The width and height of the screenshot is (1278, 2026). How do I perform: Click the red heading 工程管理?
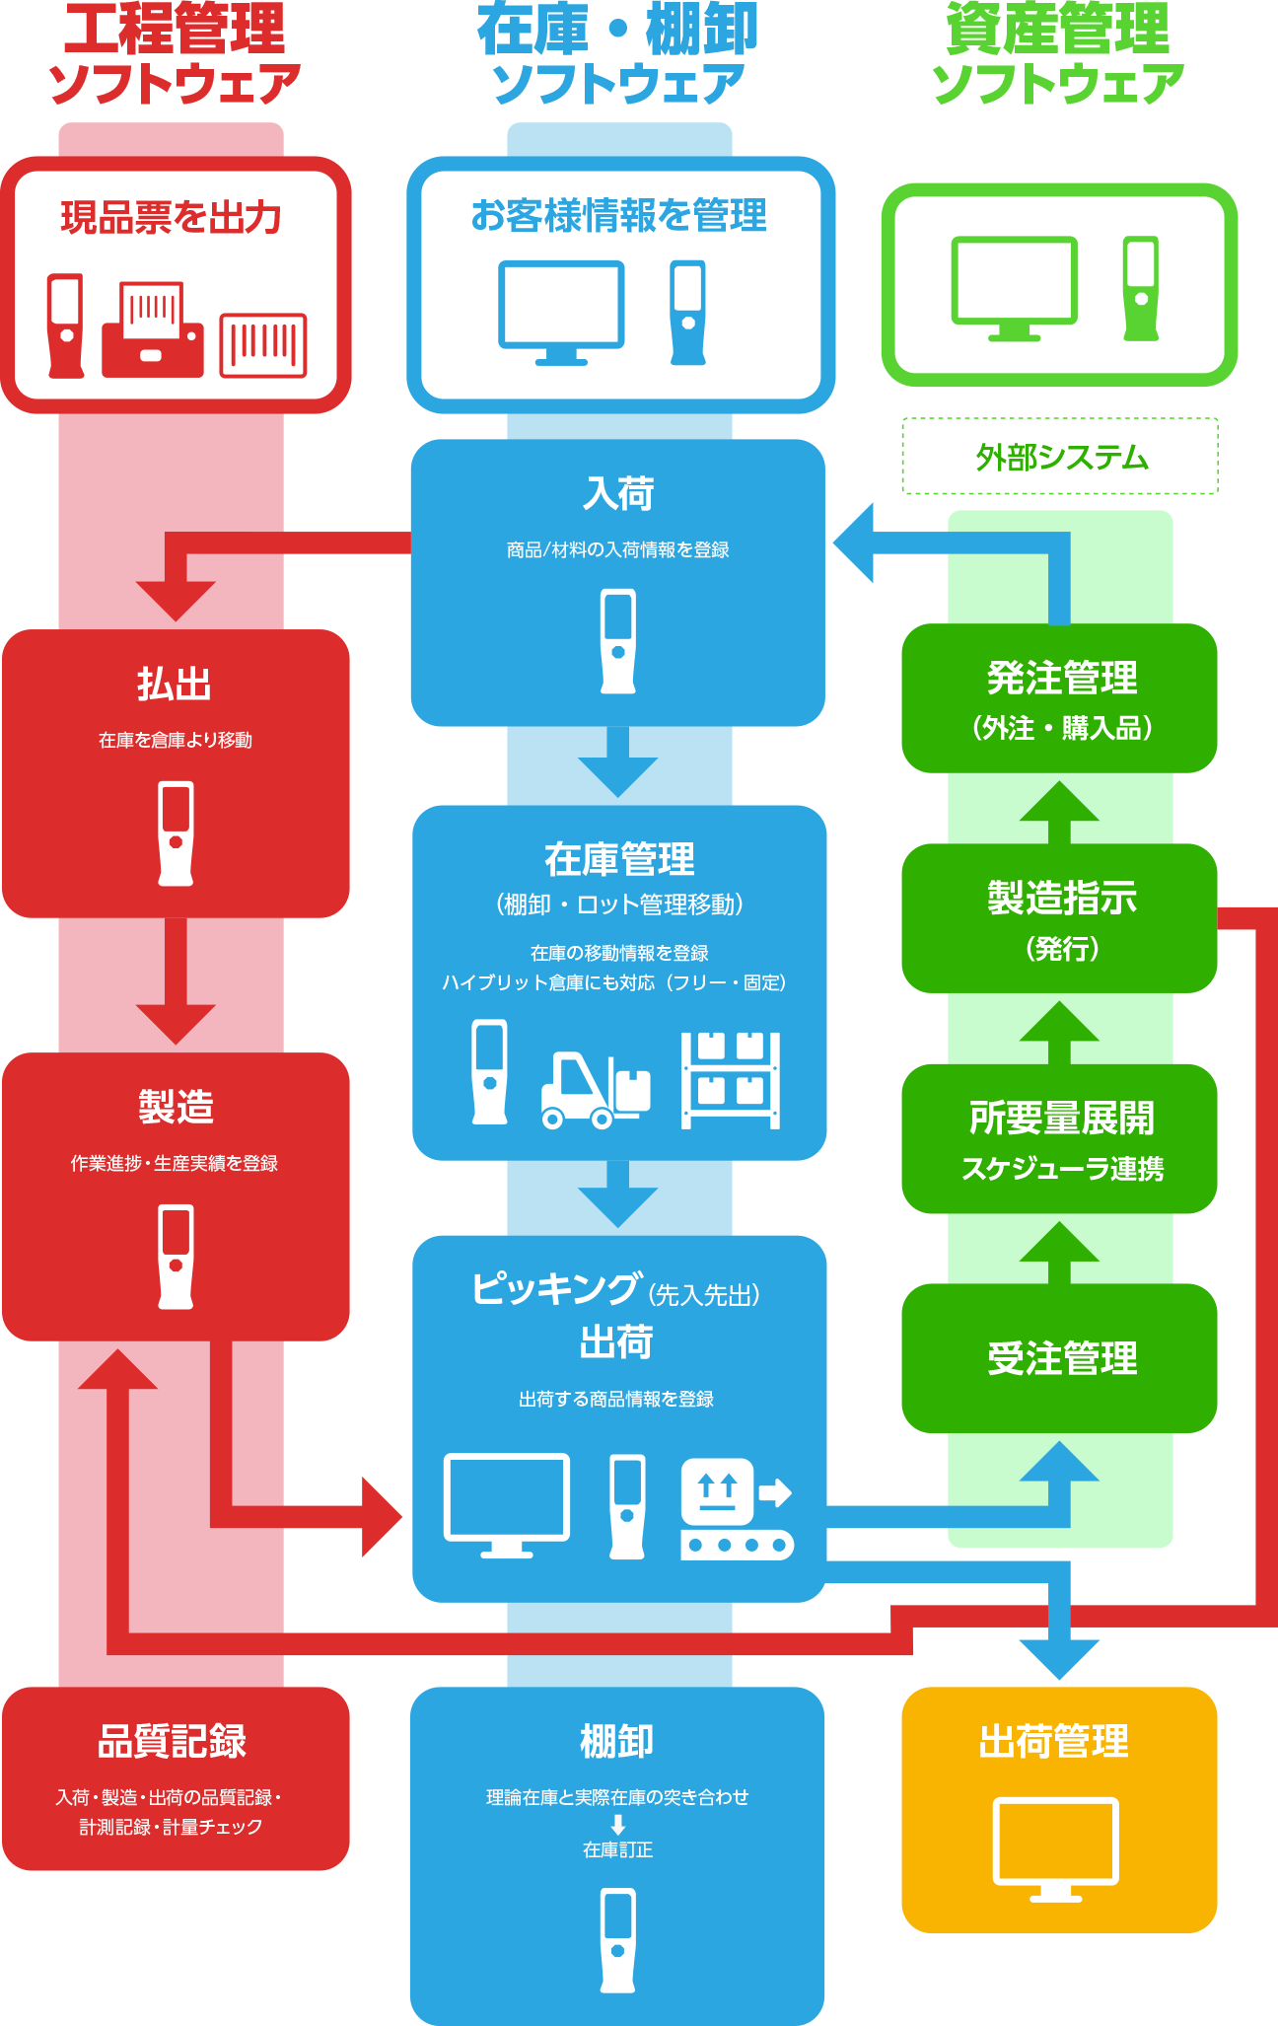[175, 29]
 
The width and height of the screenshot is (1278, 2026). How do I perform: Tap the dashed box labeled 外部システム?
[1060, 457]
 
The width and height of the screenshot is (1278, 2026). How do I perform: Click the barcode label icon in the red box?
[262, 344]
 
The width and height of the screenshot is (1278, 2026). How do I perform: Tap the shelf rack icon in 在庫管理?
[731, 1080]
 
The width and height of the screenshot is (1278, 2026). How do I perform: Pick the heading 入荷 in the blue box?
[618, 494]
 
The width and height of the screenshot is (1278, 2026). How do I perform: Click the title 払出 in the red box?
[175, 685]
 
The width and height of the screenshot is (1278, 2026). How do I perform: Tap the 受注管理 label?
[1062, 1358]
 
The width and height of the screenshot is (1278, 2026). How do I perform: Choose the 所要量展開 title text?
[1062, 1118]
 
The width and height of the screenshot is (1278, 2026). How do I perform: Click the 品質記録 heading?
[173, 1742]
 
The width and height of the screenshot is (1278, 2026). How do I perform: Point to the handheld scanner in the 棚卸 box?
[618, 1939]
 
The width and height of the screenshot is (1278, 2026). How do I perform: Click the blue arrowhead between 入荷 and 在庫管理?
[618, 775]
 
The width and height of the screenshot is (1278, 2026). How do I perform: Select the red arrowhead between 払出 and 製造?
[176, 1022]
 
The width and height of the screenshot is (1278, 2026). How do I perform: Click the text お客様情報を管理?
[618, 215]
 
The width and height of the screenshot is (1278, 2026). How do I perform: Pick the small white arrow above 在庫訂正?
[618, 1824]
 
